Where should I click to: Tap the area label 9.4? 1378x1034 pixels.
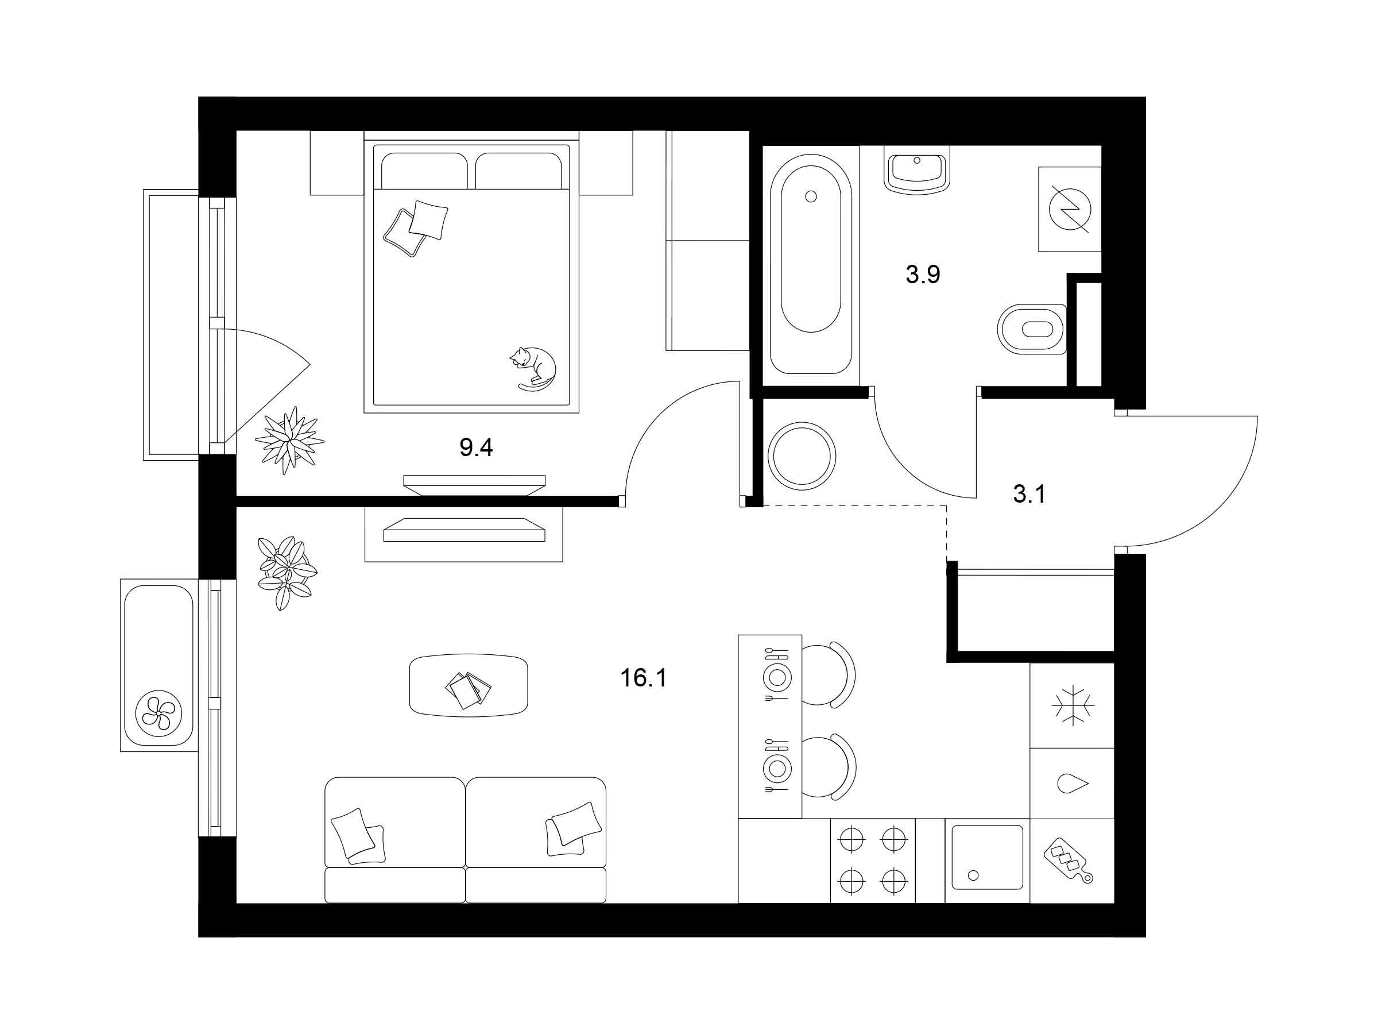point(476,447)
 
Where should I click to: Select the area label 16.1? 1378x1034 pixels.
point(643,678)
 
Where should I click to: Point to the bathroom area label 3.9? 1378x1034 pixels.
point(923,274)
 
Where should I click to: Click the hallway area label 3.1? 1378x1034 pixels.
point(1029,494)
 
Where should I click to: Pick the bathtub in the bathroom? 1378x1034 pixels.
point(811,264)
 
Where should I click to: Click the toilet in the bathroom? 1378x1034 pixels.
point(1032,329)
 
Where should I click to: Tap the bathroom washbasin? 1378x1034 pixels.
point(916,169)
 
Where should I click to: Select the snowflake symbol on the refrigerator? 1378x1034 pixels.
point(1073,705)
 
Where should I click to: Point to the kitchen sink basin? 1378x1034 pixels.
point(988,857)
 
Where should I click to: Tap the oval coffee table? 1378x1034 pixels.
point(469,685)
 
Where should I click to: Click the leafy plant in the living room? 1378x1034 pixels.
point(287,572)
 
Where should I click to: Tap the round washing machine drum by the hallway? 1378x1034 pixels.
point(802,455)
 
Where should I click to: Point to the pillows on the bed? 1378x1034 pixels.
point(416,228)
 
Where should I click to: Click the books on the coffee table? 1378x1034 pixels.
point(468,689)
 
